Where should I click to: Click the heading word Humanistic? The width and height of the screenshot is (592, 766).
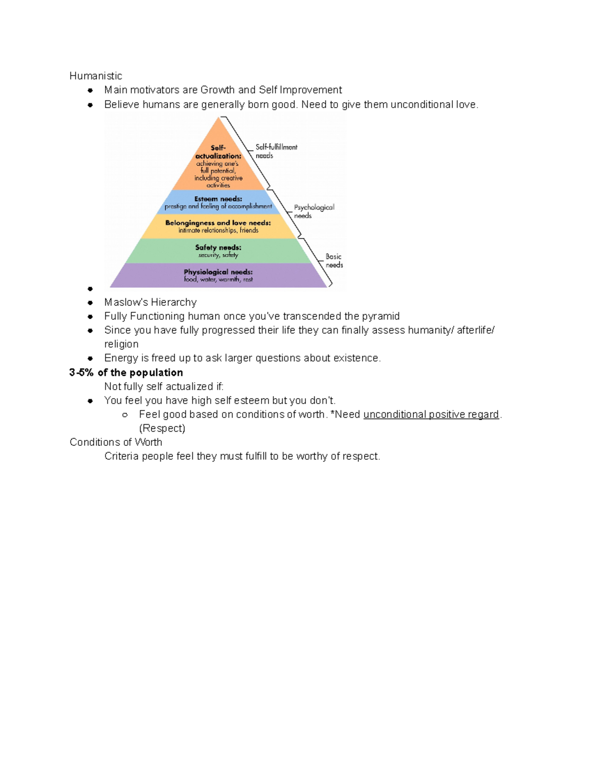96,76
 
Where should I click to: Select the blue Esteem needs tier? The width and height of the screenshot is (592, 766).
218,202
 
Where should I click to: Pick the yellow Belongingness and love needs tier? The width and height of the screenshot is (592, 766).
218,226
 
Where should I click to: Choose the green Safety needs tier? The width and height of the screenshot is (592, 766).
218,251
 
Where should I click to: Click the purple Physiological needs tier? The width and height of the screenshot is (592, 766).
218,275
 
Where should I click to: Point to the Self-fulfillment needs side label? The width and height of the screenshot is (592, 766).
276,151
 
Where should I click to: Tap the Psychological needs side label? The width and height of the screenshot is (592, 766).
314,211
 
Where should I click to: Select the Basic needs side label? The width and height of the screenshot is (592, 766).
334,260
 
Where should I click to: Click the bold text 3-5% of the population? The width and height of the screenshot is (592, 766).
126,372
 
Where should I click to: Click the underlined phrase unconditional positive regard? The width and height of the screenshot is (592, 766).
431,414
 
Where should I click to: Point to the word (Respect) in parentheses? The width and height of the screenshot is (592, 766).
162,428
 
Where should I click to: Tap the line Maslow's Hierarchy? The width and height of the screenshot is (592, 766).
150,302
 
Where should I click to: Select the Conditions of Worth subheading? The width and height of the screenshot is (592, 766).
116,442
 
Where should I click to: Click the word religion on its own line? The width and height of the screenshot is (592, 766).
121,344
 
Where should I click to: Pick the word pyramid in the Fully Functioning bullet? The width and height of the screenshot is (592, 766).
380,316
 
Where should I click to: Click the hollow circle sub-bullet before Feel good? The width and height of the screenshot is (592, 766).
125,415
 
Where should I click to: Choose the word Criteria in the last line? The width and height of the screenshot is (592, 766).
121,456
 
